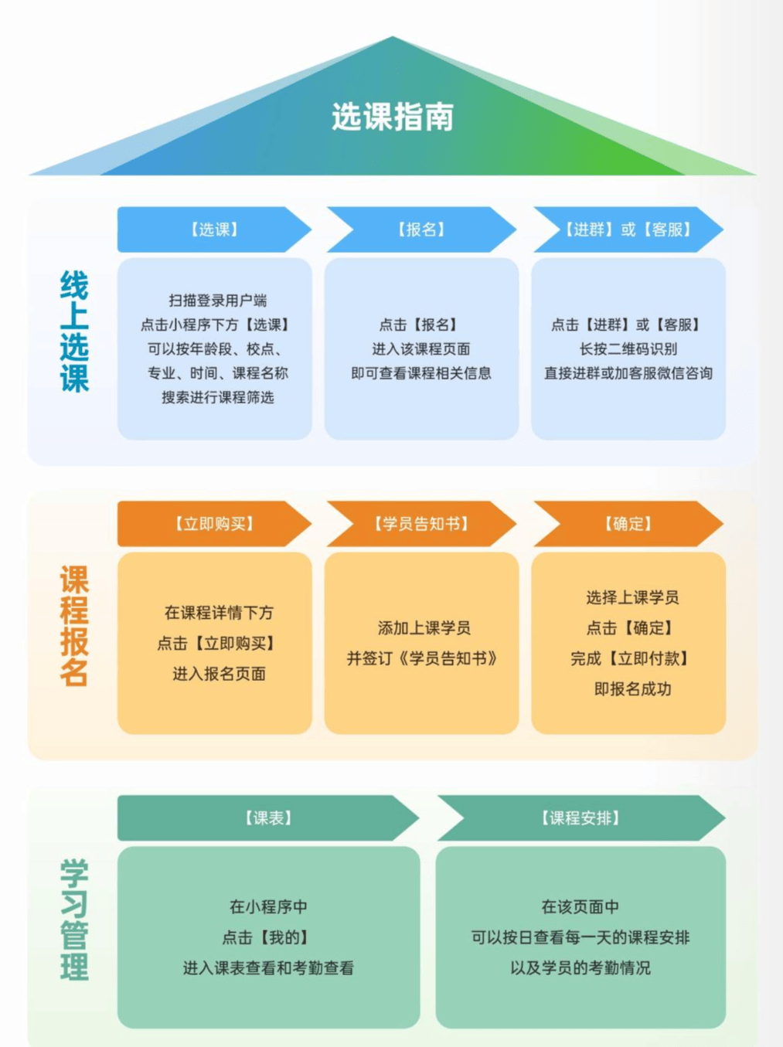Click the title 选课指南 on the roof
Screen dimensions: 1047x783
(x=393, y=117)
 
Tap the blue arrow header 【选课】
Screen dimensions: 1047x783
(x=214, y=229)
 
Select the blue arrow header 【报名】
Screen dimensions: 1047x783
(x=421, y=229)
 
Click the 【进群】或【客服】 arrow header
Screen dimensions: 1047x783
(x=628, y=229)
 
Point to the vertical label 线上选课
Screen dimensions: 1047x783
(x=74, y=331)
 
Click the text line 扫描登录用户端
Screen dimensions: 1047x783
(x=218, y=301)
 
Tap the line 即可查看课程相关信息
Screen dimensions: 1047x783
(x=421, y=373)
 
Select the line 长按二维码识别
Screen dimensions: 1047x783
(x=628, y=349)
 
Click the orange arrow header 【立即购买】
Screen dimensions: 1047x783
(x=214, y=524)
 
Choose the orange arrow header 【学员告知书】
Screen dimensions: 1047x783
(x=421, y=524)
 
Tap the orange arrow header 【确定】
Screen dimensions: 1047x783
(x=628, y=524)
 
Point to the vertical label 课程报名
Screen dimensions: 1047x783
(x=74, y=626)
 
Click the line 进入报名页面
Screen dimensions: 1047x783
(x=219, y=674)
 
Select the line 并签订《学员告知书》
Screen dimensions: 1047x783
(x=422, y=658)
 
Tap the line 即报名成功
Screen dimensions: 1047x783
(x=632, y=689)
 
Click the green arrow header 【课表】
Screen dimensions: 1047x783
(x=268, y=818)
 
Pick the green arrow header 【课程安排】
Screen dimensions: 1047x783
(x=580, y=818)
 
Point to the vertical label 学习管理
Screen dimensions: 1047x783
(x=74, y=920)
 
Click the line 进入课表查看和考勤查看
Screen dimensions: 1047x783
(x=268, y=968)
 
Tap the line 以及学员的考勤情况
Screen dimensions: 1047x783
(x=580, y=968)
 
